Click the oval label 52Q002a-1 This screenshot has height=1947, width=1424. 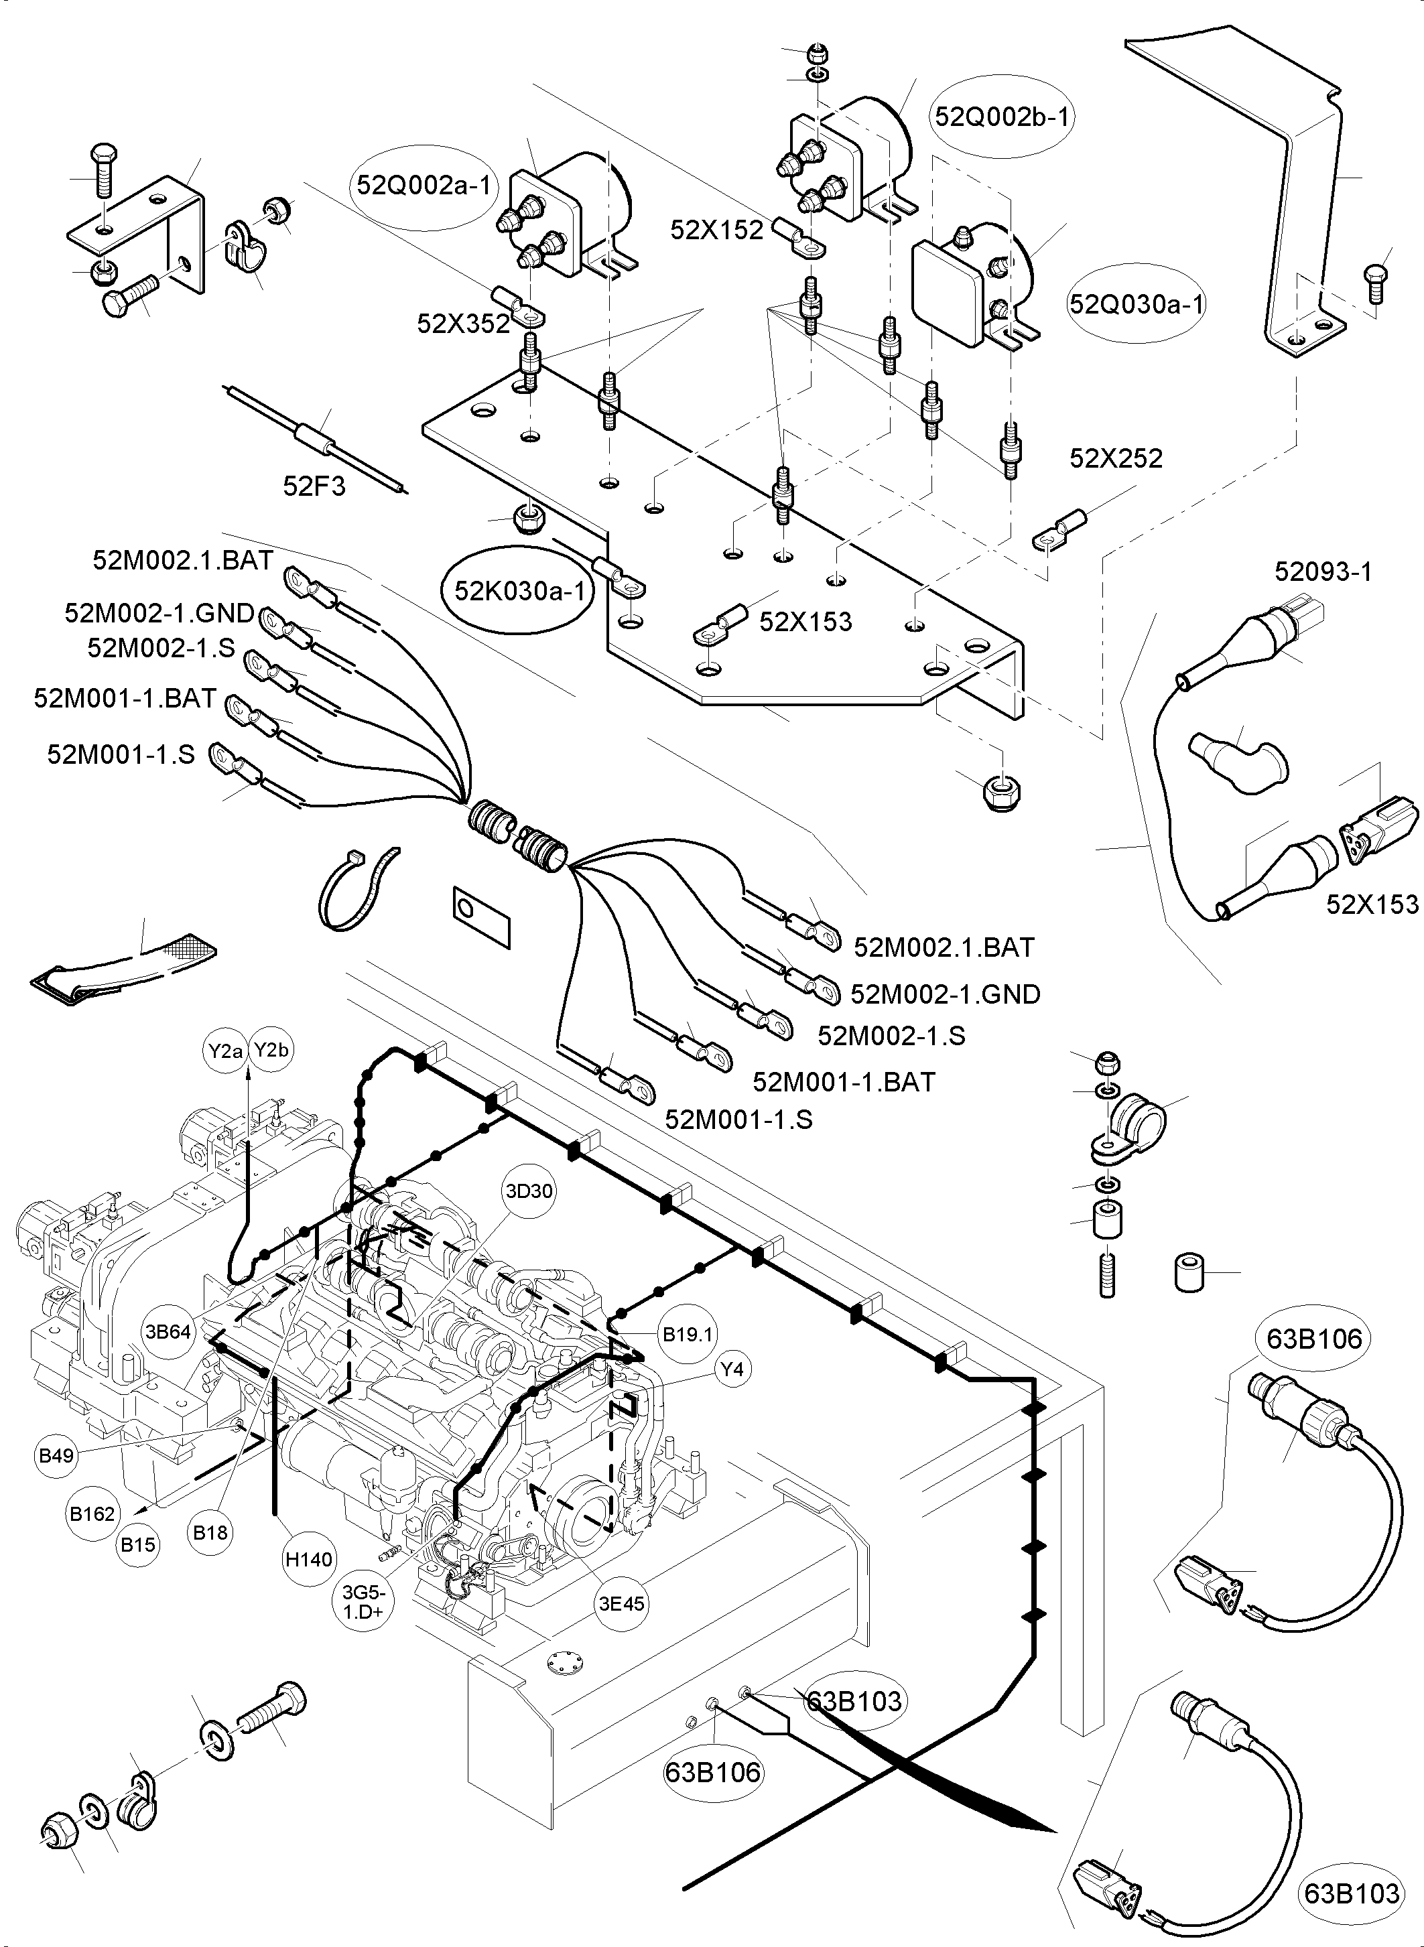pyautogui.click(x=424, y=186)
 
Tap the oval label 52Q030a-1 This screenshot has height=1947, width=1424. pyautogui.click(x=1136, y=304)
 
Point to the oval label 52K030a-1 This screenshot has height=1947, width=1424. pyautogui.click(x=519, y=590)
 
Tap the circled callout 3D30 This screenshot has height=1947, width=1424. pyautogui.click(x=529, y=1191)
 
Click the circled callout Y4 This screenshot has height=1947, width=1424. pyautogui.click(x=732, y=1369)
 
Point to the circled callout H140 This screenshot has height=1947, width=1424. pyautogui.click(x=309, y=1559)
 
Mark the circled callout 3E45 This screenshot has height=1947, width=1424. pyautogui.click(x=621, y=1604)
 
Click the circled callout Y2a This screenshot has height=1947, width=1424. pyautogui.click(x=226, y=1051)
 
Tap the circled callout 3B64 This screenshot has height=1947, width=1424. pyautogui.click(x=168, y=1332)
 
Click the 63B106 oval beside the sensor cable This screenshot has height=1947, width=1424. pyautogui.click(x=1313, y=1339)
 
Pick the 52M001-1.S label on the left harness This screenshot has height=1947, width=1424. pyautogui.click(x=121, y=755)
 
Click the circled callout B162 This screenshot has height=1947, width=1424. pyautogui.click(x=92, y=1514)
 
